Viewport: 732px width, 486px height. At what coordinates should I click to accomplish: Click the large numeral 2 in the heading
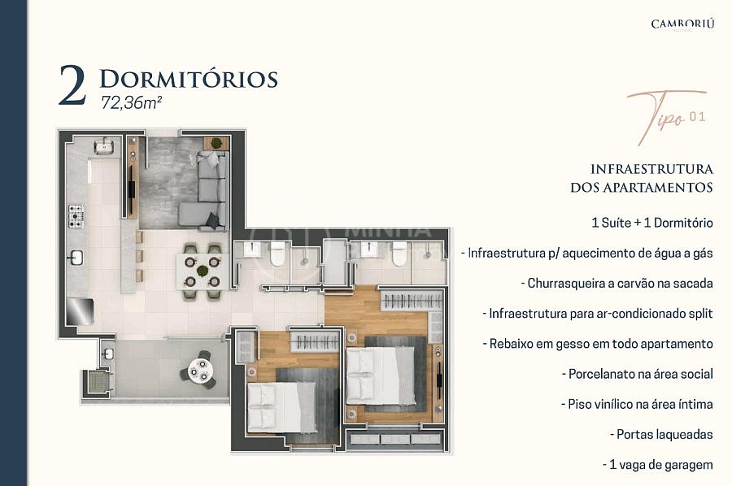coord(72,85)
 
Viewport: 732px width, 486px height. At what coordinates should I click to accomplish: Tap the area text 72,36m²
coord(131,102)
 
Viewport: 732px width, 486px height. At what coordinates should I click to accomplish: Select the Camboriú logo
coord(682,24)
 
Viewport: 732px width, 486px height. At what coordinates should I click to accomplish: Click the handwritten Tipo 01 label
coord(666,116)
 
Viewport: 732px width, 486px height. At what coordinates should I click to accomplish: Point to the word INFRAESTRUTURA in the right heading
coord(651,169)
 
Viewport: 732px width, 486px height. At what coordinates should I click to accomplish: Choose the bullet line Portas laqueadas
coord(661,435)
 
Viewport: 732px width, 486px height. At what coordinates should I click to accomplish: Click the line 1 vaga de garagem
coord(658,465)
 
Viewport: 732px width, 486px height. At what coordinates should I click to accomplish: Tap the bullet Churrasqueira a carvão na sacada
coord(617,284)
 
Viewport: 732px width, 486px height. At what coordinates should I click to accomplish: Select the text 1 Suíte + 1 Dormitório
coord(652,223)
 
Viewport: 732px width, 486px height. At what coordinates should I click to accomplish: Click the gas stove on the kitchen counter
coord(76,216)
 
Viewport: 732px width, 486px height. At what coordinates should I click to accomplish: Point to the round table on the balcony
coord(200,371)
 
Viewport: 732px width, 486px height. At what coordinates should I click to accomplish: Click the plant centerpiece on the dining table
coord(203,271)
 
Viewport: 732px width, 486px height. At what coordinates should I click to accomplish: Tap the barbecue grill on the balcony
coord(98,382)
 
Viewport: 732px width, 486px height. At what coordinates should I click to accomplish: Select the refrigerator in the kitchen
coord(80,311)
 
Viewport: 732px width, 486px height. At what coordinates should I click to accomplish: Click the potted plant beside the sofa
coord(216,143)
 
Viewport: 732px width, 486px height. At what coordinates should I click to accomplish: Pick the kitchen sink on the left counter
coord(76,258)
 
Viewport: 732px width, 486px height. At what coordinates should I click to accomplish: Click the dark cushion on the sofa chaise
coord(213,220)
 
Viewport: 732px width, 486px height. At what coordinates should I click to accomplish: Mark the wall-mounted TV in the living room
coord(132,189)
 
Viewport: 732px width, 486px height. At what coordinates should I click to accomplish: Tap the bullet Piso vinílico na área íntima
coord(637,405)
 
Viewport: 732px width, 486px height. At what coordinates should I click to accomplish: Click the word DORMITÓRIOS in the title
coord(189,80)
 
